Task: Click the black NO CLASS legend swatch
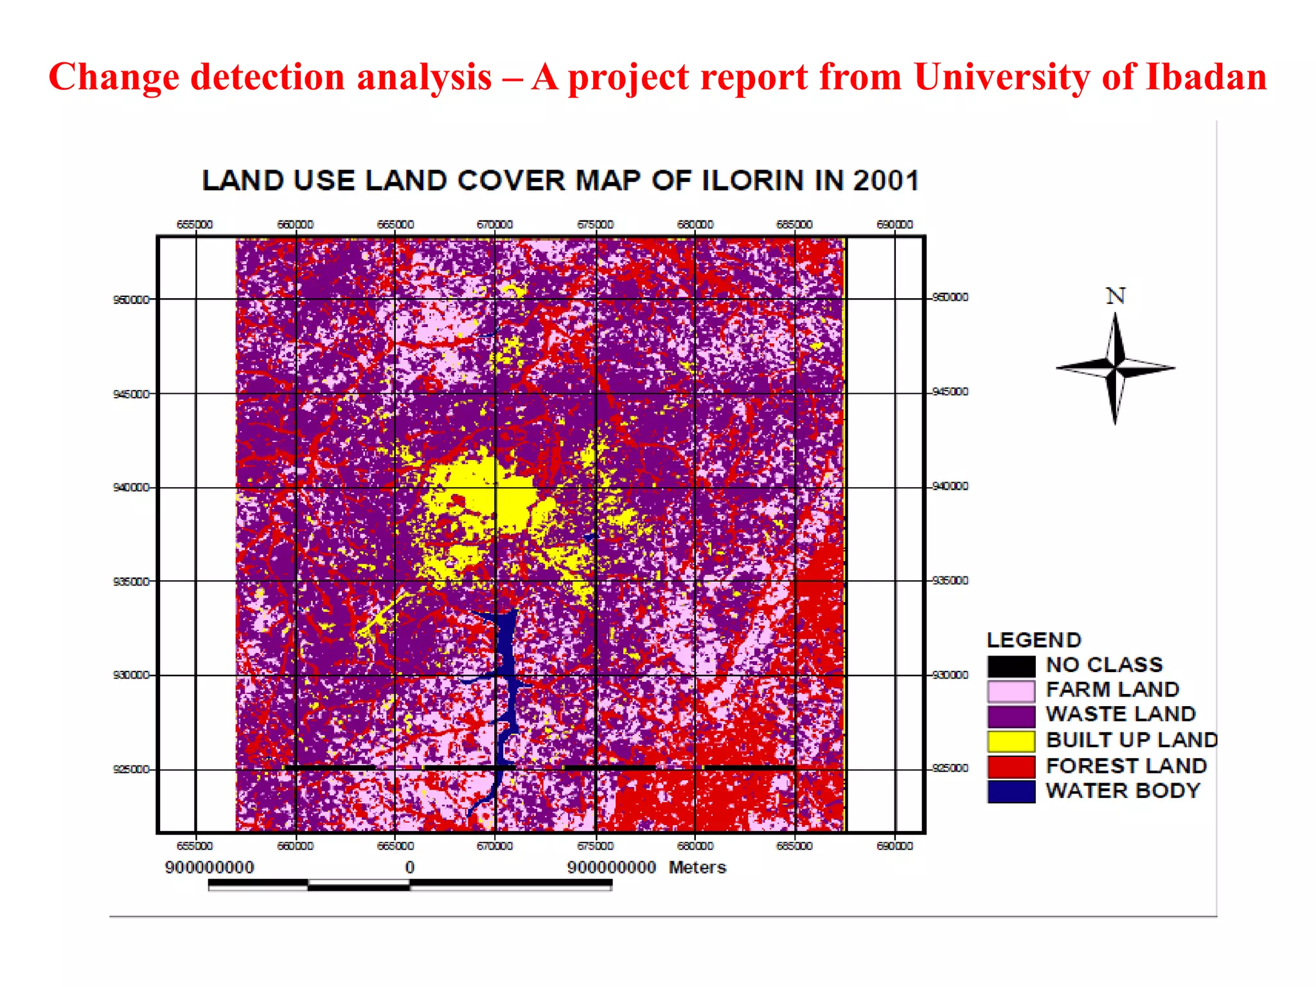[x=1011, y=666]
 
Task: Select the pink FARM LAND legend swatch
[x=1011, y=691]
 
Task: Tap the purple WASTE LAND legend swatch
[x=1011, y=716]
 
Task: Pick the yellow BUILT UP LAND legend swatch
[x=1011, y=741]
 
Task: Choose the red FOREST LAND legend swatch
[x=1011, y=766]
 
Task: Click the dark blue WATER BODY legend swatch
[x=1011, y=791]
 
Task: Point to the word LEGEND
[x=1034, y=640]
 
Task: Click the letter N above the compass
[x=1116, y=296]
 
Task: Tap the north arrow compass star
[x=1116, y=368]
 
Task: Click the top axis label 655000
[x=195, y=224]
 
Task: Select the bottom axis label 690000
[x=894, y=846]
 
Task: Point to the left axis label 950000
[x=131, y=299]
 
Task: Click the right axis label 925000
[x=950, y=769]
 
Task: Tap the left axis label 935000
[x=131, y=582]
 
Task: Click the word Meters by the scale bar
[x=697, y=867]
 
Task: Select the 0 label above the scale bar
[x=410, y=867]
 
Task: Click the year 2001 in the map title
[x=886, y=181]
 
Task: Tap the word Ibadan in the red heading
[x=1206, y=77]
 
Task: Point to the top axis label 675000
[x=595, y=224]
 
